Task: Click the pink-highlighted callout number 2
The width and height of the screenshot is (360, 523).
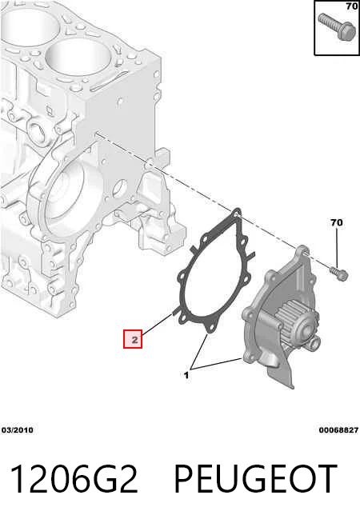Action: [133, 339]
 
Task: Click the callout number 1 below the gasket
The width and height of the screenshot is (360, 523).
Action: [186, 375]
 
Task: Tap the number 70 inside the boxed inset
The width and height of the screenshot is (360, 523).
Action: [352, 6]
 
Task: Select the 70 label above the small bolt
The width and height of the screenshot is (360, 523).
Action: [336, 222]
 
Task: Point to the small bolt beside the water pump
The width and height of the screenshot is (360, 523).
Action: [339, 273]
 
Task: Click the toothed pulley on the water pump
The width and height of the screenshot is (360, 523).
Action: [293, 319]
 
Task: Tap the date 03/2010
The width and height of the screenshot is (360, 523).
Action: [18, 430]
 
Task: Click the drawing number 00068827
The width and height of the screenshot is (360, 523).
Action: [338, 430]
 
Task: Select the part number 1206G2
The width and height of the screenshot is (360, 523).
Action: [74, 479]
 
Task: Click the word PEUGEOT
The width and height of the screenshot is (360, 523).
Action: [255, 479]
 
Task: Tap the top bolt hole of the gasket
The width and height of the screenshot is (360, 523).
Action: [237, 212]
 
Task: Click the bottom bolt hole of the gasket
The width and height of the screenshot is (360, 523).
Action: [210, 329]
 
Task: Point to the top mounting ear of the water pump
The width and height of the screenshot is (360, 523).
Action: [302, 251]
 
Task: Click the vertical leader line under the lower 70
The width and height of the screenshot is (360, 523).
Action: [337, 248]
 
